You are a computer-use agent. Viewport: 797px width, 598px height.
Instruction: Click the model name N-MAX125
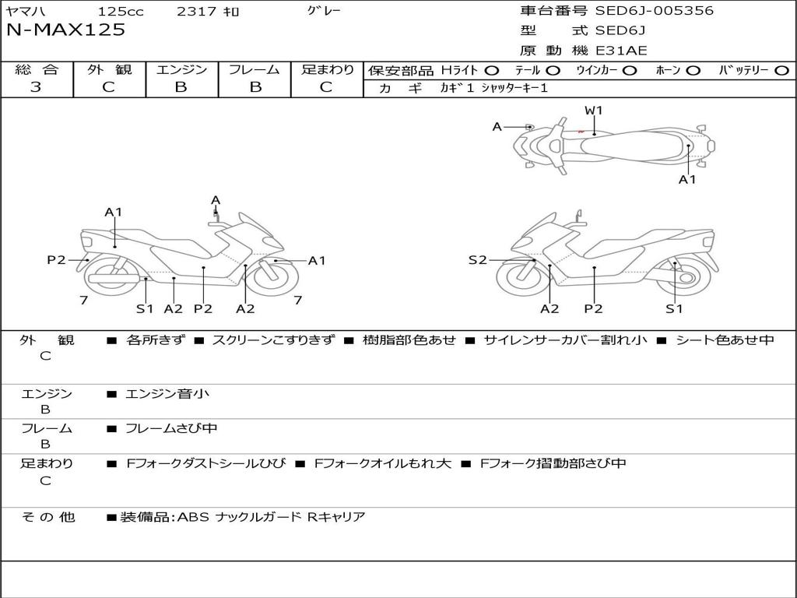pos(65,30)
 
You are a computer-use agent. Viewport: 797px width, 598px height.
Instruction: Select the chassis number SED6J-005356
pos(654,11)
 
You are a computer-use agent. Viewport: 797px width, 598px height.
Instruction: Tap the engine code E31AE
pos(621,51)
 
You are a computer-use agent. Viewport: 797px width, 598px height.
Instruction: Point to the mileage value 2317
pos(198,12)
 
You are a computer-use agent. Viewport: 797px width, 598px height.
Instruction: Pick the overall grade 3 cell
pos(36,87)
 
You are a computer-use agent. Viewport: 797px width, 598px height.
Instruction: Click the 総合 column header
pos(36,69)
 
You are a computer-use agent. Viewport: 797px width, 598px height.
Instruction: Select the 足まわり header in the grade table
pos(328,69)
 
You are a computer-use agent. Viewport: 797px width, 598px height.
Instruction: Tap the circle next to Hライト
pos(492,71)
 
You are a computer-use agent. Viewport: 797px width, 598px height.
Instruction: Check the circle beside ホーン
pos(693,71)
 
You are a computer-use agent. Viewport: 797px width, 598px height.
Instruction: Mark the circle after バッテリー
pos(782,71)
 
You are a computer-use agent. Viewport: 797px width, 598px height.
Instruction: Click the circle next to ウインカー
pos(630,71)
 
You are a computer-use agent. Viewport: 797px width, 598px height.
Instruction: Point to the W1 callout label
pos(594,111)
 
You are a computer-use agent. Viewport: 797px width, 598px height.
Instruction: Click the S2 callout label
pos(477,260)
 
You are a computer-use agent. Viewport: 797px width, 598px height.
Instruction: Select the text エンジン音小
pos(167,394)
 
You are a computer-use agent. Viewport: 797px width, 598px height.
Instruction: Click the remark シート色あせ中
pos(725,340)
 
